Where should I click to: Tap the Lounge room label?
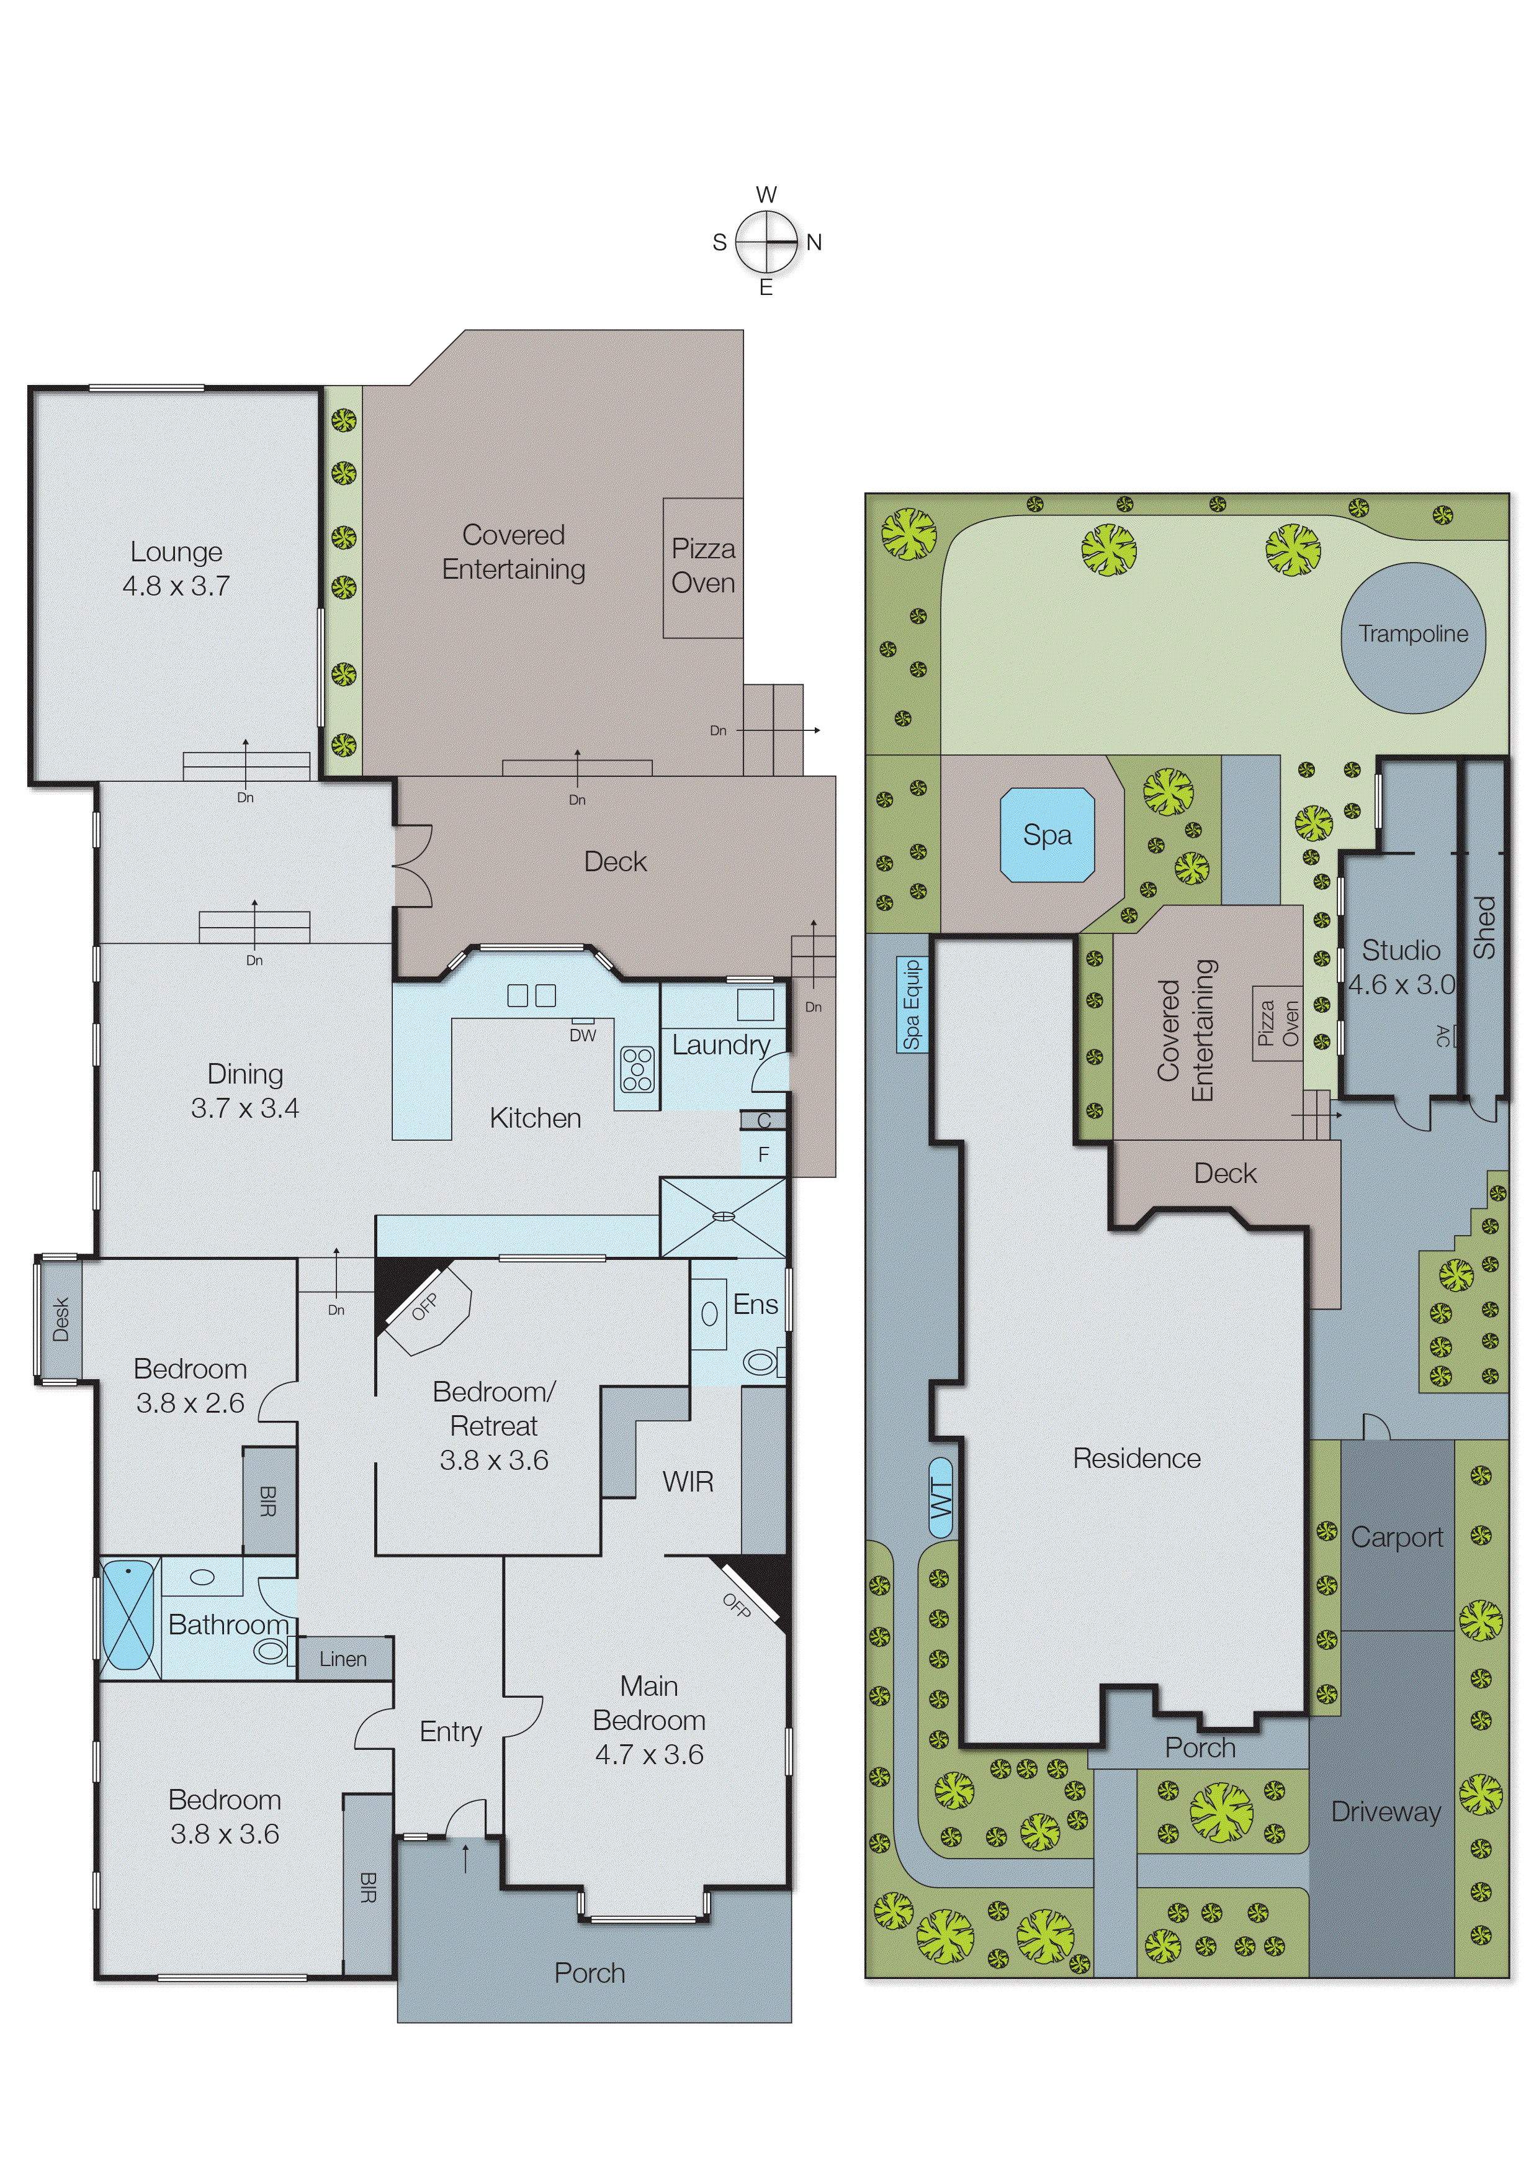pyautogui.click(x=176, y=553)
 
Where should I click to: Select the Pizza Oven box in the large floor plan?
pyautogui.click(x=702, y=567)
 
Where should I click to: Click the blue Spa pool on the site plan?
pyautogui.click(x=1047, y=835)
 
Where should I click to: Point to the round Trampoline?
pyautogui.click(x=1413, y=634)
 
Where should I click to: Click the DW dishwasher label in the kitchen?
pyautogui.click(x=583, y=1035)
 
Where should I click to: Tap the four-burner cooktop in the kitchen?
pyautogui.click(x=637, y=1069)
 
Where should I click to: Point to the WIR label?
pyautogui.click(x=688, y=1482)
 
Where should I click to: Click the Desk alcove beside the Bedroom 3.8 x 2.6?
pyautogui.click(x=60, y=1320)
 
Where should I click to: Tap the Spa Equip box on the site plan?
pyautogui.click(x=912, y=1005)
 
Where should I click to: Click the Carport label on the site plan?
pyautogui.click(x=1397, y=1537)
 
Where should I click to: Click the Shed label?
pyautogui.click(x=1484, y=927)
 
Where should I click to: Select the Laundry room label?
pyautogui.click(x=720, y=1045)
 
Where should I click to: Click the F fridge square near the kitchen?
pyautogui.click(x=763, y=1155)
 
